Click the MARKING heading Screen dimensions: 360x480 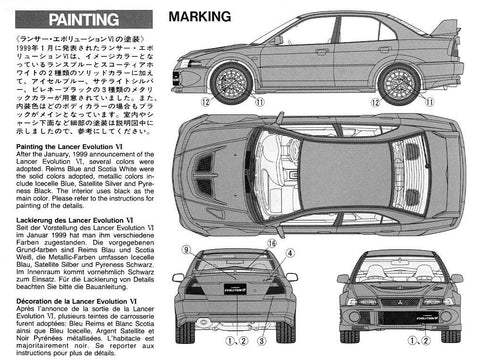[201, 18]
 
